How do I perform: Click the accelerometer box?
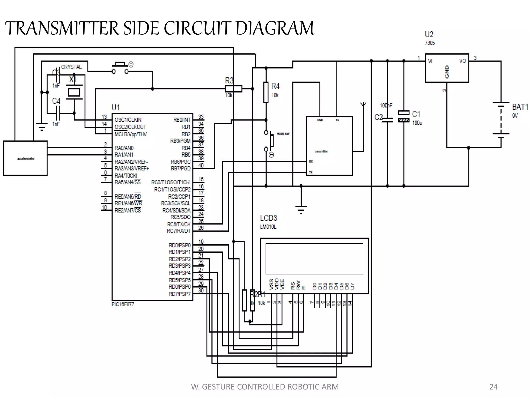pyautogui.click(x=25, y=158)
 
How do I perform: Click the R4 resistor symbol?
pyautogui.click(x=266, y=92)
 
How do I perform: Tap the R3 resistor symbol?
pyautogui.click(x=233, y=89)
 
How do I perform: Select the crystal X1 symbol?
pyautogui.click(x=74, y=92)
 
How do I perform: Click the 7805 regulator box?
pyautogui.click(x=447, y=68)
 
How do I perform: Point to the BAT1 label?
pyautogui.click(x=520, y=107)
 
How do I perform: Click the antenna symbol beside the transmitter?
pyautogui.click(x=363, y=105)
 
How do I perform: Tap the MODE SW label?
pyautogui.click(x=283, y=134)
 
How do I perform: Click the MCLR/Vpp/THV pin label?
pyautogui.click(x=131, y=134)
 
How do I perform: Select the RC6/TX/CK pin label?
pyautogui.click(x=179, y=224)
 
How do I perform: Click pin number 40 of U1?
pyautogui.click(x=201, y=165)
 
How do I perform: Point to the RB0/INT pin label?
pyautogui.click(x=182, y=120)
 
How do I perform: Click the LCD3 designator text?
pyautogui.click(x=268, y=218)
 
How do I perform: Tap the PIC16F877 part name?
pyautogui.click(x=123, y=304)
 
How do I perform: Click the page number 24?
pyautogui.click(x=493, y=387)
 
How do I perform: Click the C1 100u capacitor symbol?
pyautogui.click(x=403, y=117)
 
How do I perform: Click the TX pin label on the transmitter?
pyautogui.click(x=311, y=172)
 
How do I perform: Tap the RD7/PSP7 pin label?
pyautogui.click(x=180, y=294)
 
